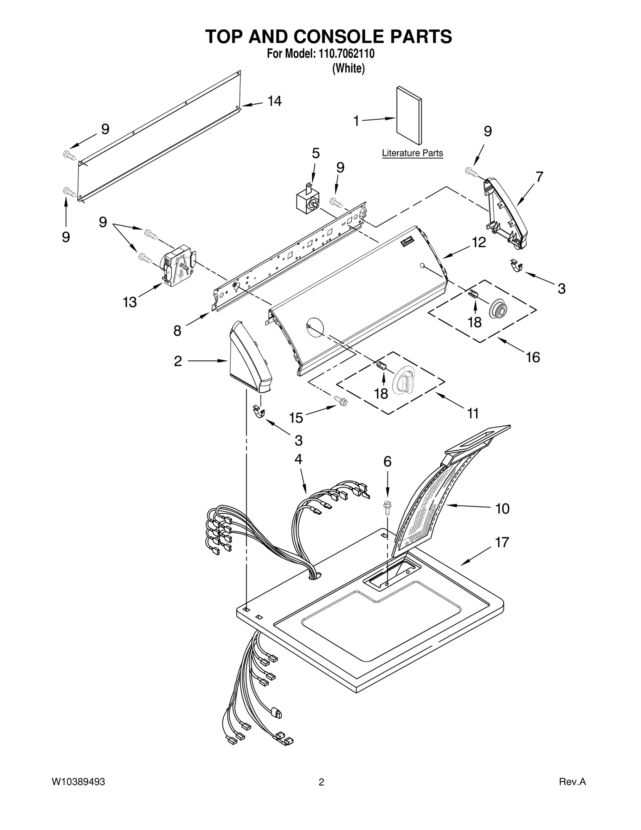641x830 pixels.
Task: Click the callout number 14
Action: pyautogui.click(x=274, y=101)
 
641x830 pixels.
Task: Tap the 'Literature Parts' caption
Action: pyautogui.click(x=412, y=153)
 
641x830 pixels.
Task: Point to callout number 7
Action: pyautogui.click(x=539, y=177)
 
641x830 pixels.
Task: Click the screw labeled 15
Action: pyautogui.click(x=340, y=400)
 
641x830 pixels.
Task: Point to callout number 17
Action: pyautogui.click(x=502, y=543)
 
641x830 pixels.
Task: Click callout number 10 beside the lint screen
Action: pyautogui.click(x=502, y=509)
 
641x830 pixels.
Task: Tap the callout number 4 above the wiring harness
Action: pyautogui.click(x=298, y=459)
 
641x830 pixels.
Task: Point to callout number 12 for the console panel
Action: pyautogui.click(x=479, y=242)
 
